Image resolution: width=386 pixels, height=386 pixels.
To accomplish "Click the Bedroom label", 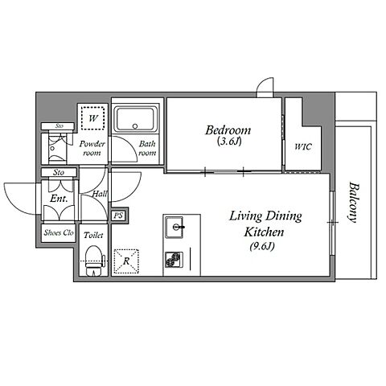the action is pyautogui.click(x=228, y=130).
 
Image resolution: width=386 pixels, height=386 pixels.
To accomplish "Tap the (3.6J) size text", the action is pyautogui.click(x=229, y=142).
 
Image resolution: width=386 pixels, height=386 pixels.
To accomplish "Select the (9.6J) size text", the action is pyautogui.click(x=262, y=246).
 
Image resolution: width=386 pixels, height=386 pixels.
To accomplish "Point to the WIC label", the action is pyautogui.click(x=303, y=146).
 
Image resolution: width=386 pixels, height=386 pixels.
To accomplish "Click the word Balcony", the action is pyautogui.click(x=354, y=203).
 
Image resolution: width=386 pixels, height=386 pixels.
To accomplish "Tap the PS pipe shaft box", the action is pyautogui.click(x=119, y=216).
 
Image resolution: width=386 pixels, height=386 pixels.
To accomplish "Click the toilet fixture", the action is pyautogui.click(x=94, y=261).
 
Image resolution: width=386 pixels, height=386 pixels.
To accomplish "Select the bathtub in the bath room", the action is pyautogui.click(x=135, y=120).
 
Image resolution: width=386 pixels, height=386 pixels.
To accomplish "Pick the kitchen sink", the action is pyautogui.click(x=175, y=227).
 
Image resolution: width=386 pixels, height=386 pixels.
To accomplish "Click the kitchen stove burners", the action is pyautogui.click(x=174, y=260).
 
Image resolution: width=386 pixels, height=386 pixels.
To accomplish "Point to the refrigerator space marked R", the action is pyautogui.click(x=126, y=261).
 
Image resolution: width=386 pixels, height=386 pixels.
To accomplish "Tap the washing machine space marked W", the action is pyautogui.click(x=92, y=118).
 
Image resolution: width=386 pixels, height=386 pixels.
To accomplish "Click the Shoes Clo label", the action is pyautogui.click(x=59, y=232).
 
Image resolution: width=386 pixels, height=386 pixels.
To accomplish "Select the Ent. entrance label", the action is pyautogui.click(x=59, y=199).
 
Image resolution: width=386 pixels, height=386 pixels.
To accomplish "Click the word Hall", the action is pyautogui.click(x=100, y=193).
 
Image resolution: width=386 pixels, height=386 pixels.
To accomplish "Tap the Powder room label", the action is pyautogui.click(x=92, y=149).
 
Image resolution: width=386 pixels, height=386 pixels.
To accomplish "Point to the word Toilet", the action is pyautogui.click(x=93, y=235).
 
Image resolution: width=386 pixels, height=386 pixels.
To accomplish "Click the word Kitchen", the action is pyautogui.click(x=264, y=232).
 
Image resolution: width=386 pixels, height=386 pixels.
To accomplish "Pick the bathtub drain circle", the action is pyautogui.click(x=135, y=126).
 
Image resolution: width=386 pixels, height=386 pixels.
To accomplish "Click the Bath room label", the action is pyautogui.click(x=147, y=148).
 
